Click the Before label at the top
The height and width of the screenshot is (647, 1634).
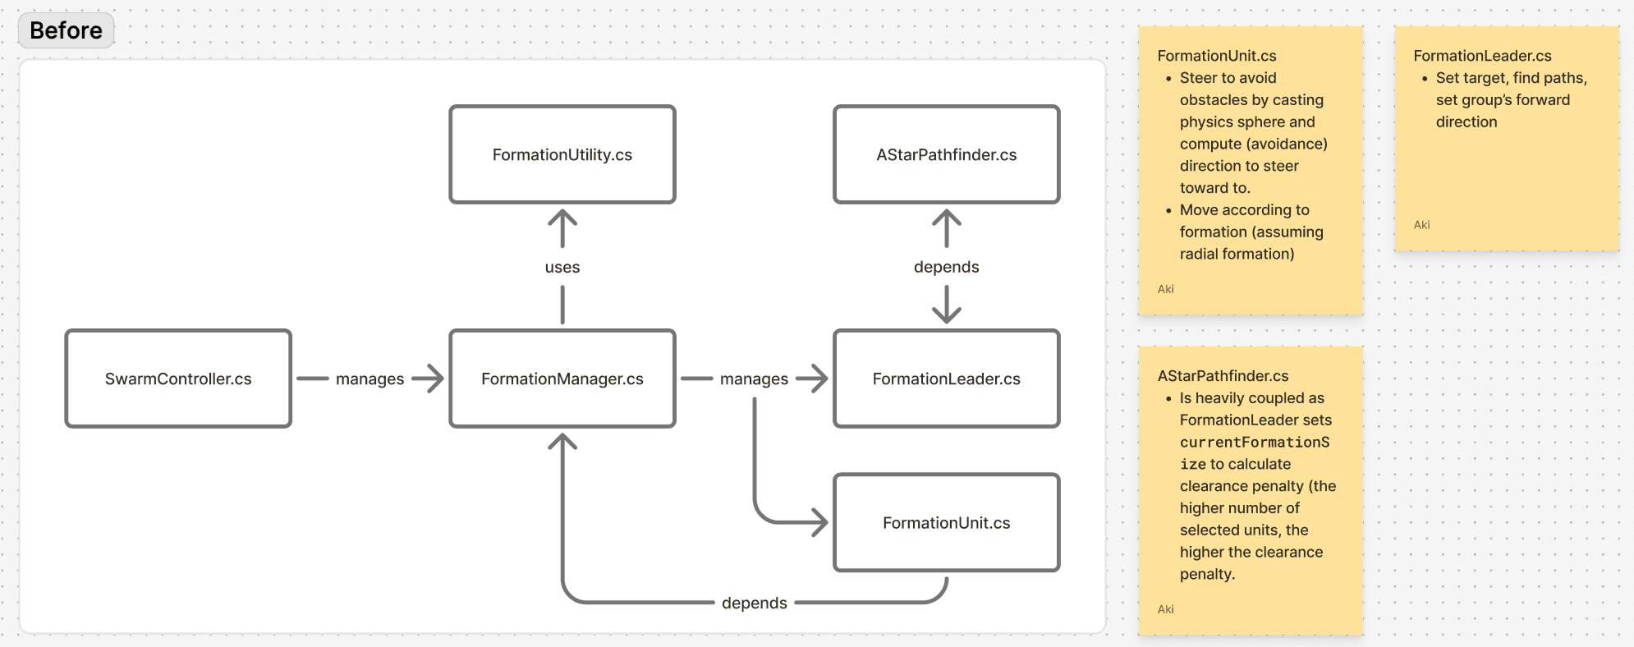[66, 30]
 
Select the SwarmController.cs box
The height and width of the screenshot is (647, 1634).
[178, 379]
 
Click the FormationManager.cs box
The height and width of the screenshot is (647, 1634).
[562, 379]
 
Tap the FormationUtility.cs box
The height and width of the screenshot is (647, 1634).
[562, 154]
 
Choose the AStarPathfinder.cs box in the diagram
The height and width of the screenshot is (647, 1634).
[946, 154]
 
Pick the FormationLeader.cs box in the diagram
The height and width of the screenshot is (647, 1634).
[946, 379]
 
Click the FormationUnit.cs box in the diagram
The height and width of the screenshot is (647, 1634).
[946, 522]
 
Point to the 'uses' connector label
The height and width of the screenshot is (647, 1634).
[562, 267]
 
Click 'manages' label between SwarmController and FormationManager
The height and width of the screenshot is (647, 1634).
[369, 379]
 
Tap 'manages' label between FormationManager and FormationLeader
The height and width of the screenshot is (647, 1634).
[754, 379]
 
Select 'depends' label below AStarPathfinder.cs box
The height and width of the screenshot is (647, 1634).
[946, 267]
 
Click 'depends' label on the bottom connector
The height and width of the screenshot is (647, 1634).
[754, 603]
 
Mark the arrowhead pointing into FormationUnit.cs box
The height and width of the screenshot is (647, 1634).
[820, 522]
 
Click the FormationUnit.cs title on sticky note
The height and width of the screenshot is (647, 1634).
[1216, 56]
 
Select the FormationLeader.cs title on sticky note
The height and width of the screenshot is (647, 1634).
[1482, 56]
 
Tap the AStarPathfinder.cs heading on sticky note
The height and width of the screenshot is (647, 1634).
[1223, 376]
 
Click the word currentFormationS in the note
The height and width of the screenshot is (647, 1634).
[1255, 442]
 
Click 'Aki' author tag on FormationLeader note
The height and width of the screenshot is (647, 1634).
[1421, 225]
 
